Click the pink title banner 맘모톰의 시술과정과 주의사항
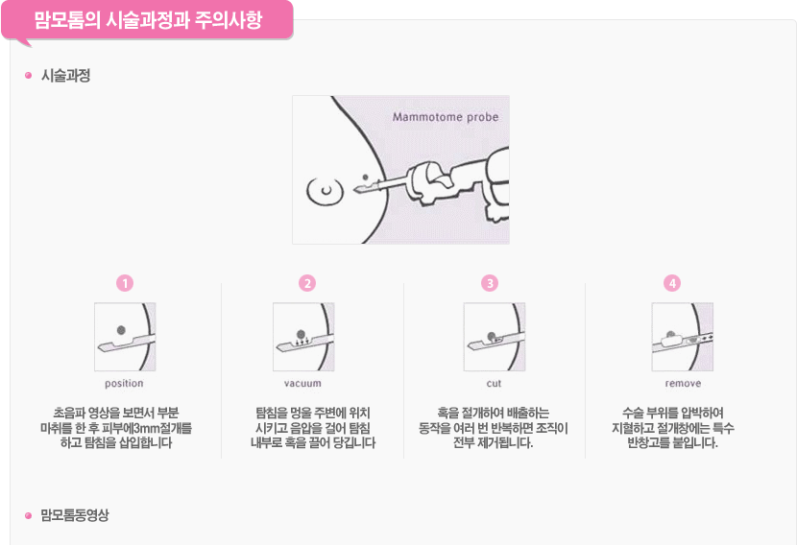pyautogui.click(x=148, y=20)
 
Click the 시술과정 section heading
pyautogui.click(x=65, y=76)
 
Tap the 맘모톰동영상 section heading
pyautogui.click(x=75, y=515)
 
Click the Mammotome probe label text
pyautogui.click(x=446, y=117)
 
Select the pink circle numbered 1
pyautogui.click(x=125, y=283)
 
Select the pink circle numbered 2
pyautogui.click(x=307, y=283)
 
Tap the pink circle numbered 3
pyautogui.click(x=490, y=283)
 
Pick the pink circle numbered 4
pyautogui.click(x=672, y=283)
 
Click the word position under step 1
pyautogui.click(x=124, y=384)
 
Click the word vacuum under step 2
pyautogui.click(x=302, y=384)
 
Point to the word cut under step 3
pyautogui.click(x=494, y=384)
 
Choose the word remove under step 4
pyautogui.click(x=683, y=384)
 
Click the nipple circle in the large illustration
pyautogui.click(x=325, y=191)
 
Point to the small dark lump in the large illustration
pyautogui.click(x=365, y=178)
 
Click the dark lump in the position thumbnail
pyautogui.click(x=121, y=330)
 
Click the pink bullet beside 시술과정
pyautogui.click(x=28, y=76)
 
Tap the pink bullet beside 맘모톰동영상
pyautogui.click(x=28, y=515)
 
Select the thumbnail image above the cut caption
pyautogui.click(x=495, y=337)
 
